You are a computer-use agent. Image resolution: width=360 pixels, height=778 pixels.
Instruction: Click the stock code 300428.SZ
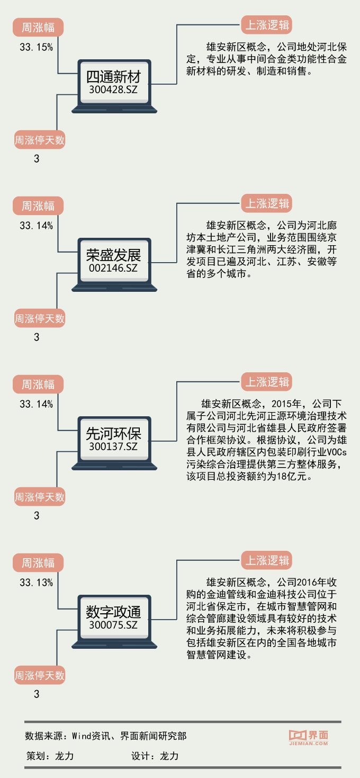click(114, 90)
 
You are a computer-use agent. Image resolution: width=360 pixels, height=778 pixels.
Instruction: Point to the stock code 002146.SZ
click(114, 268)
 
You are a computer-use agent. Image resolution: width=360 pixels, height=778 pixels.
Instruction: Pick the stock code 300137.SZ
click(114, 446)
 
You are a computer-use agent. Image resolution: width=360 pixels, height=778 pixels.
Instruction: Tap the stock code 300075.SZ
click(114, 625)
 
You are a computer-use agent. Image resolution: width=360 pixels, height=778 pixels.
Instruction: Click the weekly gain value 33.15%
click(36, 48)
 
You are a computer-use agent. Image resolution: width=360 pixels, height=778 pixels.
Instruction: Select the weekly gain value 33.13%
click(36, 583)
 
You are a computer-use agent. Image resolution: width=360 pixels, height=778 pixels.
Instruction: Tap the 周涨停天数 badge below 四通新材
click(40, 140)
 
